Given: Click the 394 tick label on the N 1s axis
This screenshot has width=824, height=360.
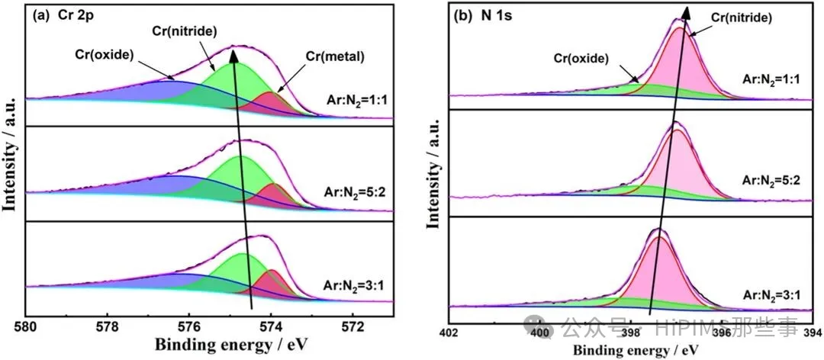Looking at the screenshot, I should (x=813, y=332).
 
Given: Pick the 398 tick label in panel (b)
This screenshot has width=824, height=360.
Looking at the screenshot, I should (x=631, y=332).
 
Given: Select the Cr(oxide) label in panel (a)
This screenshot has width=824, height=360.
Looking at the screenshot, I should (x=105, y=55).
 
